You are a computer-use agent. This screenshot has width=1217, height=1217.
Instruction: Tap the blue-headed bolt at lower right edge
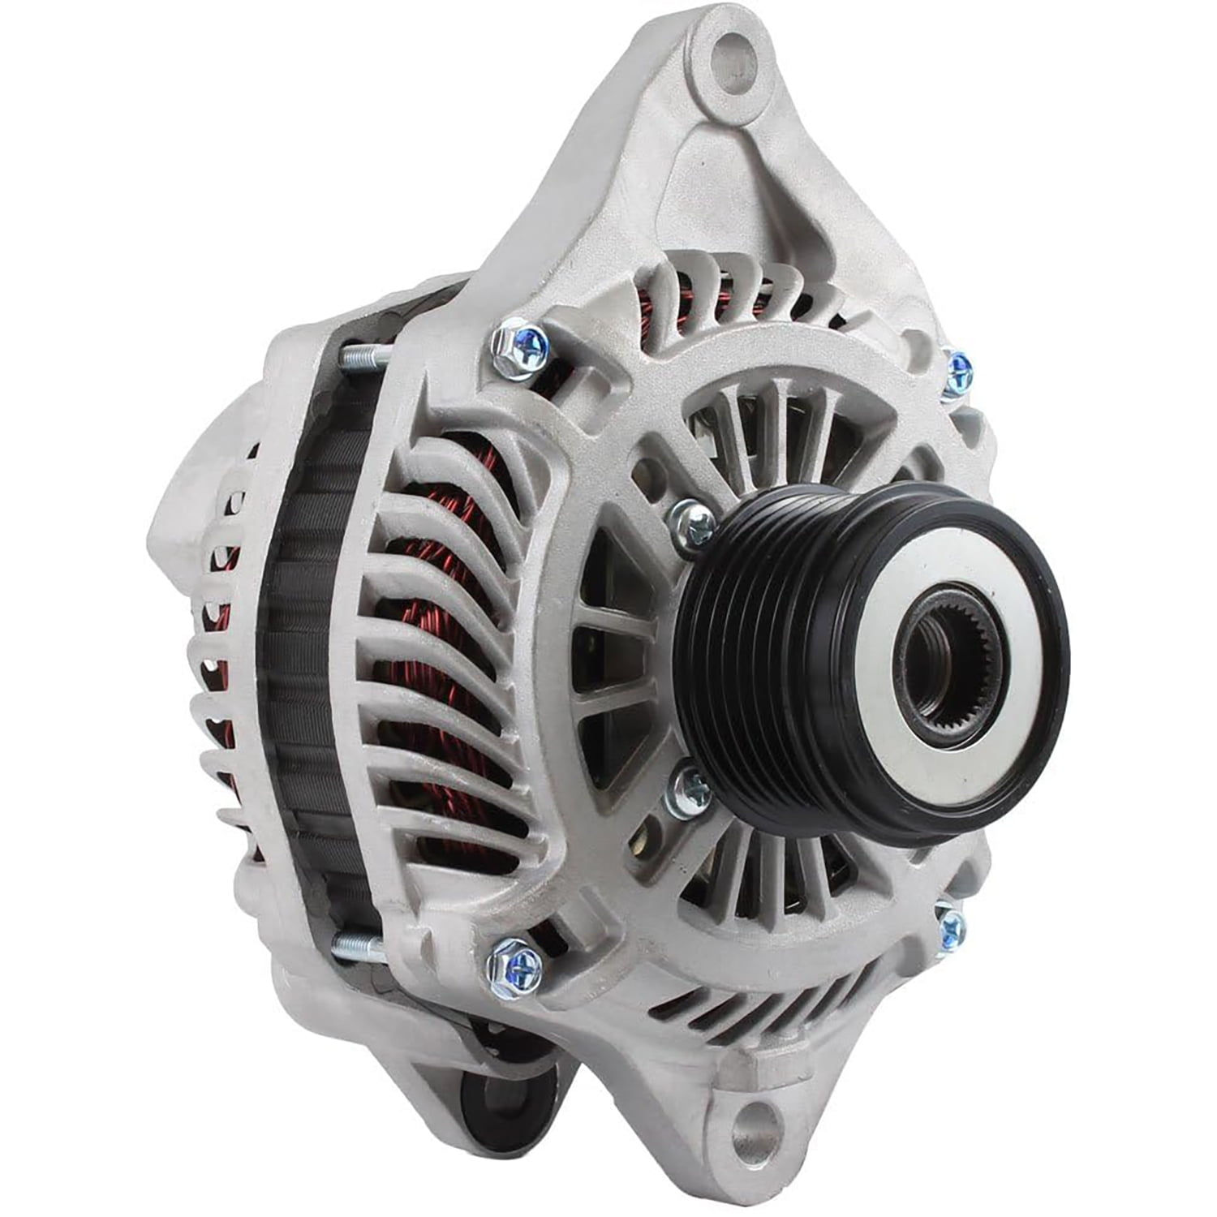tap(951, 924)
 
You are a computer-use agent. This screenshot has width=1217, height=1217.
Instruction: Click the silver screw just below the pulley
tap(690, 790)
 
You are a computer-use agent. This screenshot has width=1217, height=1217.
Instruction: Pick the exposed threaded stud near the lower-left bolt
tap(357, 944)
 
